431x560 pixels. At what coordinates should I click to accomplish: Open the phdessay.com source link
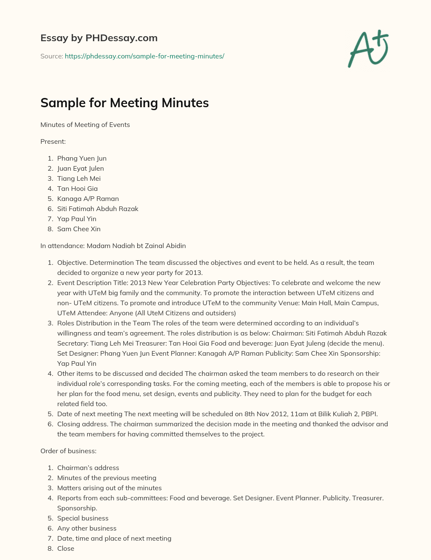[144, 56]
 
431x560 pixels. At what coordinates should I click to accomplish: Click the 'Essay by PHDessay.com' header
[99, 38]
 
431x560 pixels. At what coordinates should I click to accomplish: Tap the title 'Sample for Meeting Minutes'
[125, 103]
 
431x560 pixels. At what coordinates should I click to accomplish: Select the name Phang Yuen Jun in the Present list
[82, 158]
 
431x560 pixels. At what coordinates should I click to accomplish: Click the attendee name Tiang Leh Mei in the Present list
[79, 178]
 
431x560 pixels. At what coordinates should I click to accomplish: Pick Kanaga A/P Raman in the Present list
[88, 198]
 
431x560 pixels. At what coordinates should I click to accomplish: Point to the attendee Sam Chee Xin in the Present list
[79, 229]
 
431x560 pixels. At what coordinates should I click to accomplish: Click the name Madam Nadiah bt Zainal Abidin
[136, 246]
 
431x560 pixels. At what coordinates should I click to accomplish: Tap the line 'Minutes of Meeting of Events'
[85, 124]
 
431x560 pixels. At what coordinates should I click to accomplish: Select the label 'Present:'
[53, 141]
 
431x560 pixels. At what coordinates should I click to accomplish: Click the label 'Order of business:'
[68, 451]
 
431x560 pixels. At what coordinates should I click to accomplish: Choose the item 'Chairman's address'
[88, 468]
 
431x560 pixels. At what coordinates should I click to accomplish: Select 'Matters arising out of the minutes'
[109, 488]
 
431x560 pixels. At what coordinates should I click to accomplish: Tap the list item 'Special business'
[83, 518]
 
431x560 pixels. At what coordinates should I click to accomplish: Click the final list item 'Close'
[66, 548]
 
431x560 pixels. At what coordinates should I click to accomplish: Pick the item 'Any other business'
[87, 528]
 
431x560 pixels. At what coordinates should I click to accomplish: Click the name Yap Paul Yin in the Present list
[77, 219]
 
